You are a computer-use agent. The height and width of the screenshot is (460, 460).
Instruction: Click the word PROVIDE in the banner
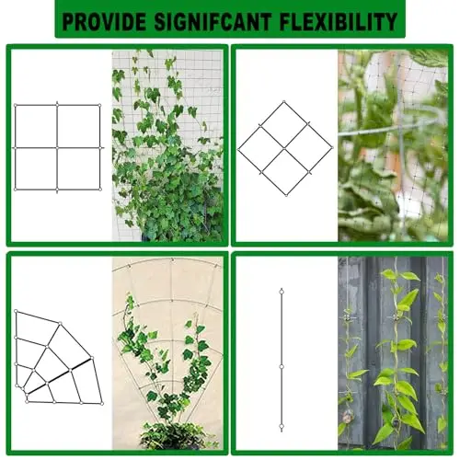click(104, 22)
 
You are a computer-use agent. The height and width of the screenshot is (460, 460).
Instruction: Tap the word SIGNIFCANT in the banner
click(213, 22)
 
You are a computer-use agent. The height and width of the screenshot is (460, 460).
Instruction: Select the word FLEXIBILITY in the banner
click(339, 22)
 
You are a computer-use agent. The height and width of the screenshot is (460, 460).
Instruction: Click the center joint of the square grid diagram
click(57, 148)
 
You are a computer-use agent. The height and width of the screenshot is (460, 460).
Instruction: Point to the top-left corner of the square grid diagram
click(16, 106)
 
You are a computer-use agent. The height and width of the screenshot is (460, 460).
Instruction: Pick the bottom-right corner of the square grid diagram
click(100, 190)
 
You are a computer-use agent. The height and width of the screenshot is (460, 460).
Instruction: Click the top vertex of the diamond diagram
click(284, 101)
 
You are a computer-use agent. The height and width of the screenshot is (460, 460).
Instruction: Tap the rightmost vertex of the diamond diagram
click(332, 147)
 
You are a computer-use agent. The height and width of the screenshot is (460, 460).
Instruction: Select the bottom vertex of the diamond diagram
click(286, 195)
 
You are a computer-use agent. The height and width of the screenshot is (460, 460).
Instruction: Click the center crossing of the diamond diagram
click(284, 148)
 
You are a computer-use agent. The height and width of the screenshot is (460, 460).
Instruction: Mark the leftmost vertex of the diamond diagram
click(238, 150)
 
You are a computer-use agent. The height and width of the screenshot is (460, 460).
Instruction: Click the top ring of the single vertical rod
click(282, 292)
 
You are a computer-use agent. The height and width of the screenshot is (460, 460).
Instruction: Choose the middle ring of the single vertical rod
click(282, 367)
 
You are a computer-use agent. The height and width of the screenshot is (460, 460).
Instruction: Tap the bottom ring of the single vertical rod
click(282, 426)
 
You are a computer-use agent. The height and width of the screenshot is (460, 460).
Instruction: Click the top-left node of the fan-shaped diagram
click(16, 312)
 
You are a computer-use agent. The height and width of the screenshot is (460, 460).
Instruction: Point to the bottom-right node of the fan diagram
click(102, 404)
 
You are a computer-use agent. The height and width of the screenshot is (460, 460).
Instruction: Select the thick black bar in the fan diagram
click(60, 375)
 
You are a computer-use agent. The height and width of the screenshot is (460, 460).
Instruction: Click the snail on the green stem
click(348, 417)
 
